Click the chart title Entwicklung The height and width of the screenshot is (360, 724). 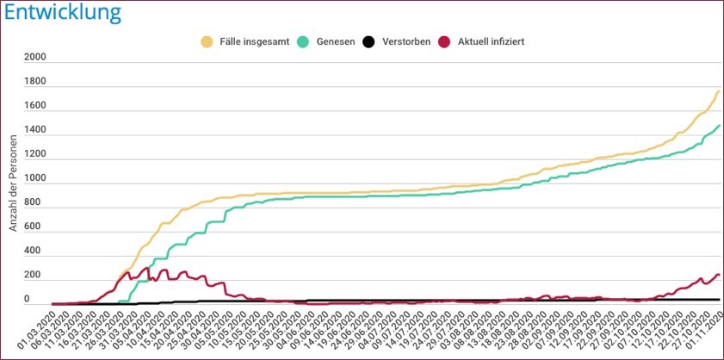(61, 13)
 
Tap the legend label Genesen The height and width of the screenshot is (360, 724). (334, 40)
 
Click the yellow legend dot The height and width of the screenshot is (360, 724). (206, 40)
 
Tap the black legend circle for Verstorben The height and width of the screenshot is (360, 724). (368, 40)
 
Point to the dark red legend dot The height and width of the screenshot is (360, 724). (445, 40)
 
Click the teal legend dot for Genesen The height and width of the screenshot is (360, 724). (304, 40)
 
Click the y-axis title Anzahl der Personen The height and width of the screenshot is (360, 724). (13, 178)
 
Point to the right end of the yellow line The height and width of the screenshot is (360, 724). (718, 91)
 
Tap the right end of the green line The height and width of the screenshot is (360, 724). (718, 126)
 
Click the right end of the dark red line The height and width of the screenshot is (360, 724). (718, 275)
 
